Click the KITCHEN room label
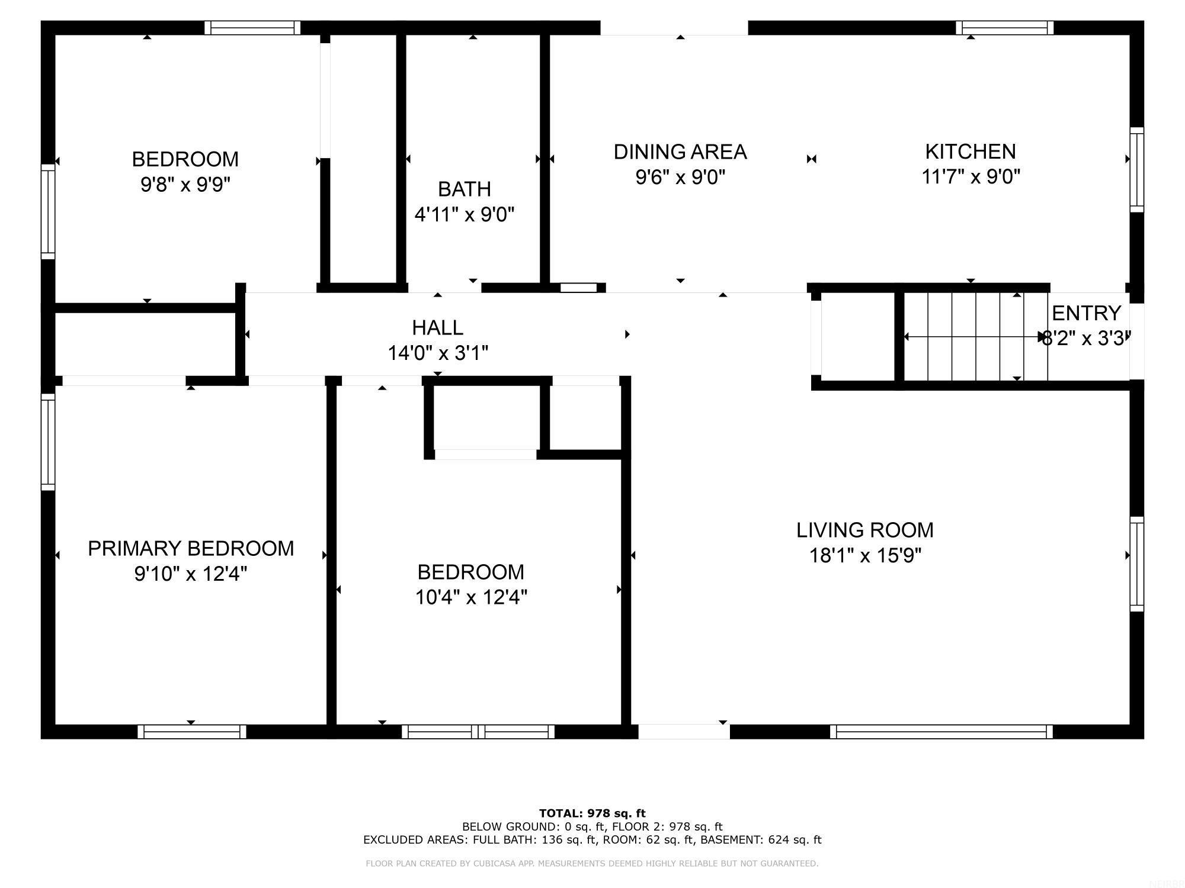(970, 152)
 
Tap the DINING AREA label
(680, 152)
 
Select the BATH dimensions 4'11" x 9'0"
(464, 214)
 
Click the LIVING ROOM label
(864, 530)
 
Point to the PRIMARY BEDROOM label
(191, 548)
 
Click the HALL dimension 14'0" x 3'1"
(437, 353)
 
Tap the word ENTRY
(1086, 313)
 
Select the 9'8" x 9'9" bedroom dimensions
(185, 185)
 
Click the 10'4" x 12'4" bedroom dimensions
(470, 597)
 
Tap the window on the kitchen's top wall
(1004, 28)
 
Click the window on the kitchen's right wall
(1136, 169)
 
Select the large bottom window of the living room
(941, 732)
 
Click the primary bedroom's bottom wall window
(192, 732)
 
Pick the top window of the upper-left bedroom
(252, 28)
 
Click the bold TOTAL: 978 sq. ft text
(592, 813)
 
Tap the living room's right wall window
(1136, 564)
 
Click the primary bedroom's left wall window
(48, 442)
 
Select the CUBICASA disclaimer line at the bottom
(592, 864)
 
